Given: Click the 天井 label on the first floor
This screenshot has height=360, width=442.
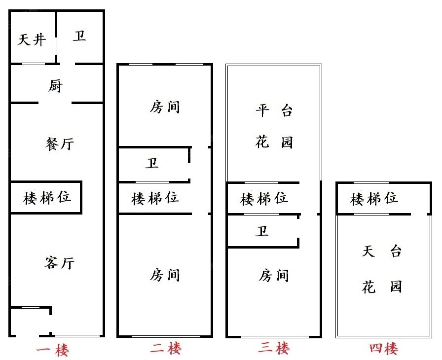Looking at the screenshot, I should click(32, 39).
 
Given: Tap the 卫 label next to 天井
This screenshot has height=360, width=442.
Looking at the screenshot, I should click(79, 36).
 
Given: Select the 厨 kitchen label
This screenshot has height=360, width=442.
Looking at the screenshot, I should click(55, 86).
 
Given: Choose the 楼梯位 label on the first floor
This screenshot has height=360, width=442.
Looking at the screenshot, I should click(47, 198).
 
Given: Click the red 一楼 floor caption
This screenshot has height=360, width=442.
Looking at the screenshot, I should click(53, 351).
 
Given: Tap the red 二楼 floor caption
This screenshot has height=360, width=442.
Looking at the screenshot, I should click(166, 349).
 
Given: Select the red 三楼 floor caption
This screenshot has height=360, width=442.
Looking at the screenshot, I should click(274, 349).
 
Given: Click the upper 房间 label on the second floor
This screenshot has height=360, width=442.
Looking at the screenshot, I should click(165, 107).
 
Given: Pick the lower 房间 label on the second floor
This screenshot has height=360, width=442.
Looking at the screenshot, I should click(165, 274).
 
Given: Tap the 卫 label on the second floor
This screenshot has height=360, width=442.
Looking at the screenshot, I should click(152, 163).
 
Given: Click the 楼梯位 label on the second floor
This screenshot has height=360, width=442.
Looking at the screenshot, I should click(155, 198).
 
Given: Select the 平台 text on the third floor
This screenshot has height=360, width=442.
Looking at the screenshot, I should click(274, 110).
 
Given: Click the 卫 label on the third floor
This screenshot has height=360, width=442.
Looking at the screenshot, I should click(262, 231).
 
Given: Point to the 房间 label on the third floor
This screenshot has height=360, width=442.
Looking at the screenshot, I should click(274, 275).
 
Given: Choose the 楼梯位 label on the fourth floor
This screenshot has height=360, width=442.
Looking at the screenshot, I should click(374, 199).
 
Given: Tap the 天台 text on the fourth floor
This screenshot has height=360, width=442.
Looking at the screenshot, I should click(382, 252).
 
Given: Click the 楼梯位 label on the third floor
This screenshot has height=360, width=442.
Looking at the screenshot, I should click(264, 199).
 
